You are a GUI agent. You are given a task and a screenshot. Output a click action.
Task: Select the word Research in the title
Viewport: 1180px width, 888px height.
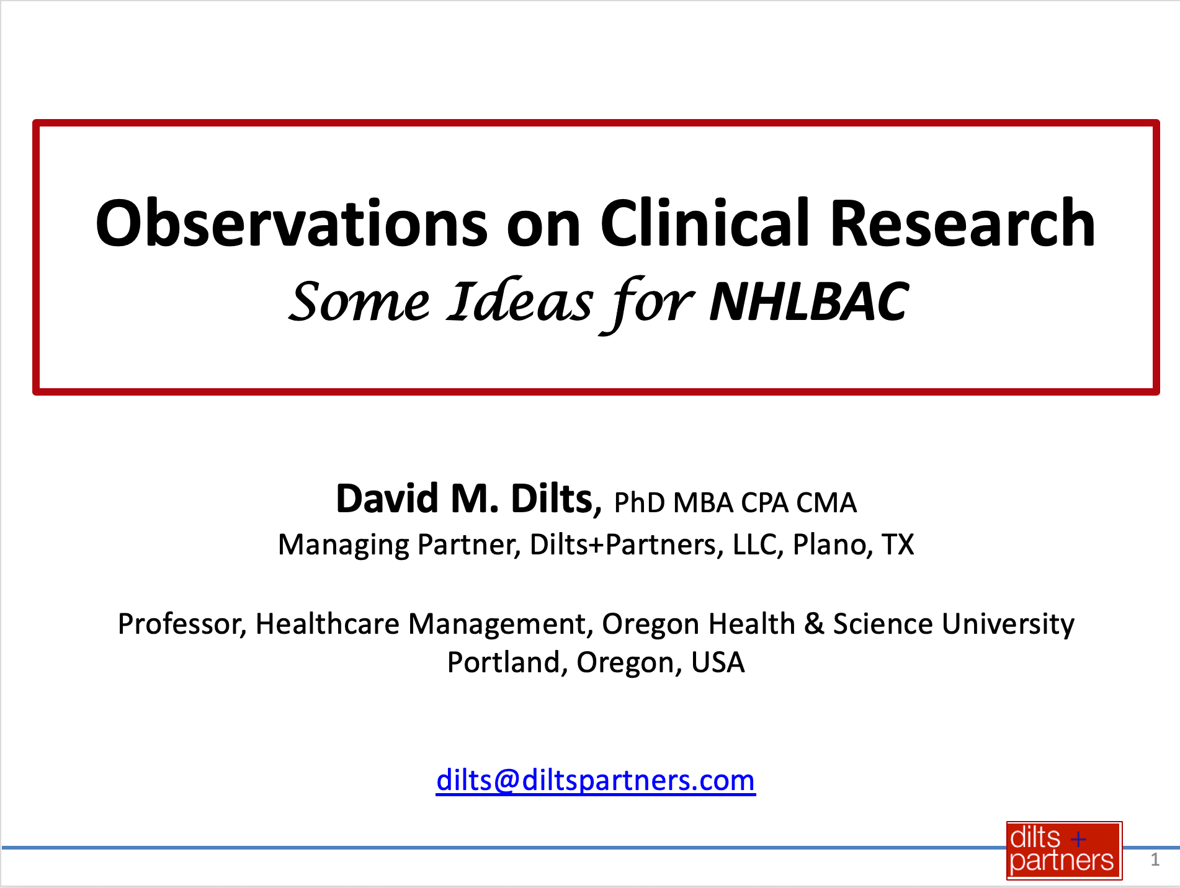(962, 223)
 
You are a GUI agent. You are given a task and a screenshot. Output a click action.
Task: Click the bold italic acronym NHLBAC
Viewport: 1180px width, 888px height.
(809, 302)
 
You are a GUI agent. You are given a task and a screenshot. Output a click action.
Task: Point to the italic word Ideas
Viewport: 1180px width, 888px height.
(520, 301)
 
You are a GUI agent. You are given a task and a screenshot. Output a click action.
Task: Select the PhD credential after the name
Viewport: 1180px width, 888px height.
(640, 502)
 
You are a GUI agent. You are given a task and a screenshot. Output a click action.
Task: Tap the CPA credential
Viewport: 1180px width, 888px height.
(765, 502)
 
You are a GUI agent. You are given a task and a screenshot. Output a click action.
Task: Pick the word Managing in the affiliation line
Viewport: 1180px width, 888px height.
(344, 545)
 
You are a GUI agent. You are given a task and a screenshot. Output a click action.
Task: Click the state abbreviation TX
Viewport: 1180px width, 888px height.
(898, 544)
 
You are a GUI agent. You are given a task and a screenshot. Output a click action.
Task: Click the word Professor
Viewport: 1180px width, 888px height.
(182, 624)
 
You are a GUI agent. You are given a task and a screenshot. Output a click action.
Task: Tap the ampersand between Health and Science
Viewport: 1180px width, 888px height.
(814, 624)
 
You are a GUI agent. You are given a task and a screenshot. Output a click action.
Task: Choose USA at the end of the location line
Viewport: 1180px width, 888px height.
(718, 663)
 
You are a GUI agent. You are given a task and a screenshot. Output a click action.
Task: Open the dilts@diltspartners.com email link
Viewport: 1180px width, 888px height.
(596, 780)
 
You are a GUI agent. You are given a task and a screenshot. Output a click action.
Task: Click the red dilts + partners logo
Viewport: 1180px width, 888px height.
(1064, 850)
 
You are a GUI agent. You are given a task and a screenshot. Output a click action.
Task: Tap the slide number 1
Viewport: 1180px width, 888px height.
(1155, 859)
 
